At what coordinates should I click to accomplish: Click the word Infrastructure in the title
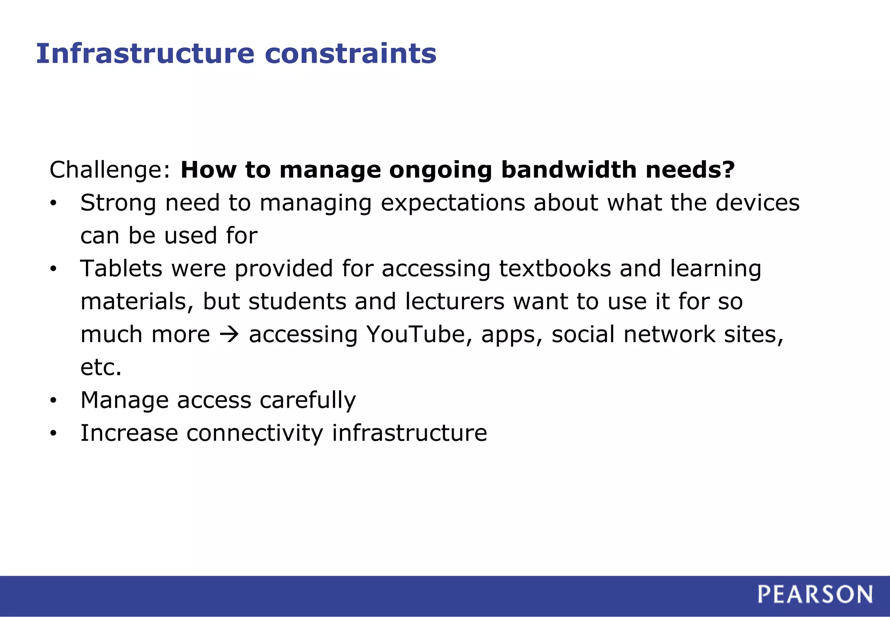(145, 54)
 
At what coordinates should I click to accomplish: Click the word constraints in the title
(350, 54)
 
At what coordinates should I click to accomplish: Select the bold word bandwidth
(569, 170)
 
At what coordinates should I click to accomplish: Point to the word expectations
(452, 203)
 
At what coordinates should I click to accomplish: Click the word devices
(757, 203)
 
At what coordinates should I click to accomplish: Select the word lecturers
(455, 302)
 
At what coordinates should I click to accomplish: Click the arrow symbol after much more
(229, 335)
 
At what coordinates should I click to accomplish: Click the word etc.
(101, 367)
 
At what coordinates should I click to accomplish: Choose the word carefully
(308, 400)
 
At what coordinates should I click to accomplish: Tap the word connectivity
(255, 433)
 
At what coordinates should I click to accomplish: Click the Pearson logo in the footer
(815, 594)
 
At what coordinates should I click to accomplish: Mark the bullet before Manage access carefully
(53, 400)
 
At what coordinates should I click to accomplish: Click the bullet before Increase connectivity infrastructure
(53, 433)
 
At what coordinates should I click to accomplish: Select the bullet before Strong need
(53, 203)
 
